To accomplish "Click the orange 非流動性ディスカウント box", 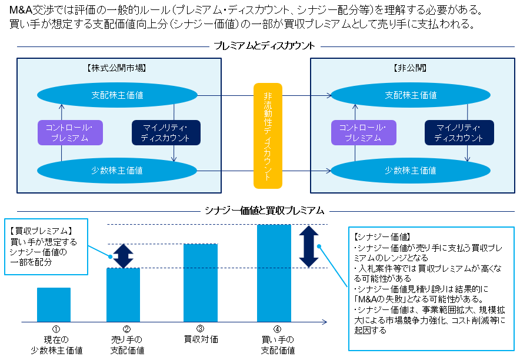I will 268,135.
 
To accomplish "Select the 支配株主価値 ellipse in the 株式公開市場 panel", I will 117,95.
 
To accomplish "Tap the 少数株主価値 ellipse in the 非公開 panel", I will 411,171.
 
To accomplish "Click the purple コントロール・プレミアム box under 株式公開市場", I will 70,133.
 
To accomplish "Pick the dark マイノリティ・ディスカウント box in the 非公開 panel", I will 459,133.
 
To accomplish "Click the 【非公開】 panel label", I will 410,68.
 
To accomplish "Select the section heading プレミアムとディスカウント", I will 264,46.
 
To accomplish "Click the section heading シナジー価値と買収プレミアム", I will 264,210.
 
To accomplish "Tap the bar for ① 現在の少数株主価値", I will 54,305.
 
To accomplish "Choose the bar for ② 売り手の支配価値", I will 123,295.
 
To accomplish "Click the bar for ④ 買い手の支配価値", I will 274,274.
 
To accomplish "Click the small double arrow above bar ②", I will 124,256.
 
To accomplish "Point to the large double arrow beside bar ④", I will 308,246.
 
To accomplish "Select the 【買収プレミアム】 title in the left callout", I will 41,231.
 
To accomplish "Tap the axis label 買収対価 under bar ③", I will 200,339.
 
